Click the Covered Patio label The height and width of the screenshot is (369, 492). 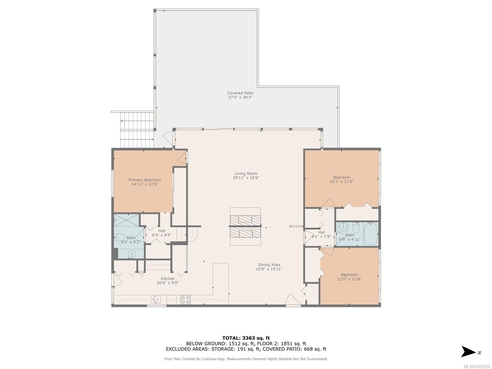tap(240, 93)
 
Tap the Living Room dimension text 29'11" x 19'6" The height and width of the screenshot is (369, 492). tap(246, 178)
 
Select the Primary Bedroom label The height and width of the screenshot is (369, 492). tap(145, 180)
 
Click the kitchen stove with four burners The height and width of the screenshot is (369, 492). tap(185, 300)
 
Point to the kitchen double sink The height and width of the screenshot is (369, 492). tap(156, 299)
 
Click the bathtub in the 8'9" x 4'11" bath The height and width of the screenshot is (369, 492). tap(371, 233)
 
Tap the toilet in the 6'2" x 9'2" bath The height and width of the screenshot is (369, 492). tap(119, 237)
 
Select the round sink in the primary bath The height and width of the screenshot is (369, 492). tap(132, 254)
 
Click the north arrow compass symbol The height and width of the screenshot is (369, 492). tap(469, 352)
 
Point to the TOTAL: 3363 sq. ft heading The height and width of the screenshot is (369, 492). tap(246, 338)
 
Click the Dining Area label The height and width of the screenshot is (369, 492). tap(269, 264)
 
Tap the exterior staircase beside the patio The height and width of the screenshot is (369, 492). tap(137, 130)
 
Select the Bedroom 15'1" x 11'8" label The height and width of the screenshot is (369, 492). tap(341, 177)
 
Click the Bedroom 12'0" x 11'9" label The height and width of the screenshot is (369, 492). tap(349, 275)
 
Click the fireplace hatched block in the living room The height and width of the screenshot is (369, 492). tap(245, 227)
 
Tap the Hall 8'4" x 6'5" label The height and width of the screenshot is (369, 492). tap(161, 231)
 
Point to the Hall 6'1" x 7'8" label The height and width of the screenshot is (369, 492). tap(321, 232)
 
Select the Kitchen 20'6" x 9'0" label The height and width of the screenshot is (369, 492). tap(168, 279)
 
